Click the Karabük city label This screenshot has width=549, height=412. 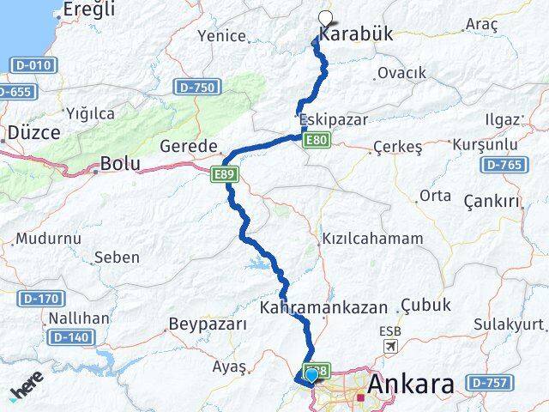(x=356, y=34)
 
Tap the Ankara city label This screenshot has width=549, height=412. (x=410, y=385)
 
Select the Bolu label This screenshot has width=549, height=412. (x=119, y=162)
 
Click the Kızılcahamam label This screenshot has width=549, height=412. (x=371, y=239)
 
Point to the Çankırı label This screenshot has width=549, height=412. (x=492, y=201)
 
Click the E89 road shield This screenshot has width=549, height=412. (x=225, y=174)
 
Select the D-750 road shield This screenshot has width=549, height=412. (x=198, y=87)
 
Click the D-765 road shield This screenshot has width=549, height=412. (x=504, y=164)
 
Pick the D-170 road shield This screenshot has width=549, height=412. (x=39, y=298)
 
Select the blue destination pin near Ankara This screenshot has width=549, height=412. (x=311, y=374)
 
